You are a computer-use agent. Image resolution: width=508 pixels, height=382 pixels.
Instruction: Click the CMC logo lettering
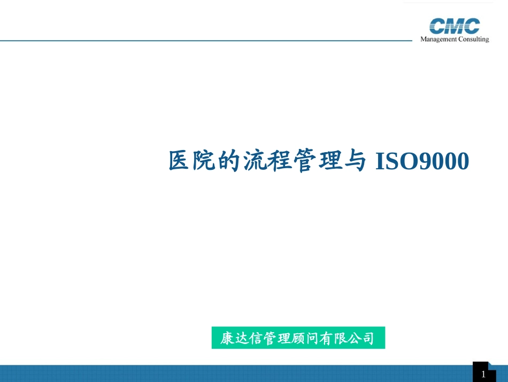click(x=455, y=26)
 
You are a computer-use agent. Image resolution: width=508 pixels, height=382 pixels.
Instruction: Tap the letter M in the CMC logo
click(x=455, y=26)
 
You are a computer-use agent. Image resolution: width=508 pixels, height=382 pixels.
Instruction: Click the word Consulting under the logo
click(x=472, y=39)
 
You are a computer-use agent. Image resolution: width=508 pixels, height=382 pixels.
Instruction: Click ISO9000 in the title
click(x=422, y=161)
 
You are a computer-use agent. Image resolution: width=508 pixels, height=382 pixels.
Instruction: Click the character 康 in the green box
click(x=227, y=339)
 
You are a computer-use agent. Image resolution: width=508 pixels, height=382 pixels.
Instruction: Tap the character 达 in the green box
click(x=241, y=339)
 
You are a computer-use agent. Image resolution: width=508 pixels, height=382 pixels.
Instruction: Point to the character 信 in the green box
click(x=256, y=339)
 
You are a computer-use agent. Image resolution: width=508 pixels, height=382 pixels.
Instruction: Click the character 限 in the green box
click(x=338, y=339)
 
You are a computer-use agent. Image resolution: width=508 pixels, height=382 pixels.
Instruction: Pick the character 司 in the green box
click(x=366, y=339)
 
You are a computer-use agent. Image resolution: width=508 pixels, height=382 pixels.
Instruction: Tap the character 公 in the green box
click(x=352, y=339)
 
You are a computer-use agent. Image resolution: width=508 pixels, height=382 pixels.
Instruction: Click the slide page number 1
click(x=483, y=374)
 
